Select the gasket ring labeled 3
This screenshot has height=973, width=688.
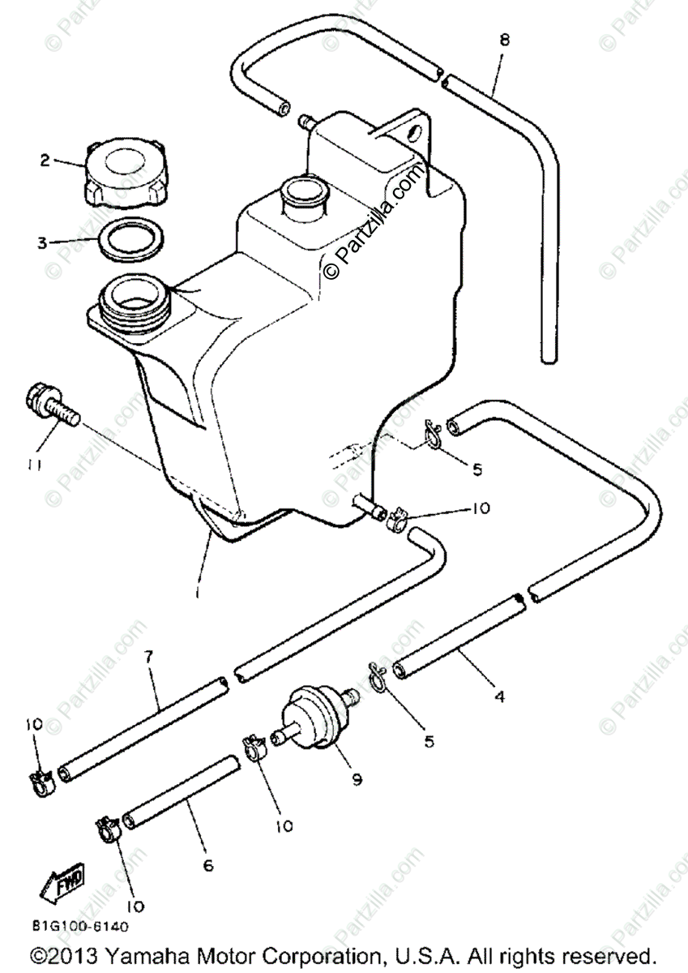point(131,238)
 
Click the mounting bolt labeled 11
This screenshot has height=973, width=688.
point(53,405)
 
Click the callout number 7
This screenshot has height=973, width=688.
point(148,657)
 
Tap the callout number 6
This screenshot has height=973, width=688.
point(207,866)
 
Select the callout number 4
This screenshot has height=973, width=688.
point(499,696)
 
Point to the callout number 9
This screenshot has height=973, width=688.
point(357,780)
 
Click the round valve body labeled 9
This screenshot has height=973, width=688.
point(312,715)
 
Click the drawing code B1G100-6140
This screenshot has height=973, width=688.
point(80,925)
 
